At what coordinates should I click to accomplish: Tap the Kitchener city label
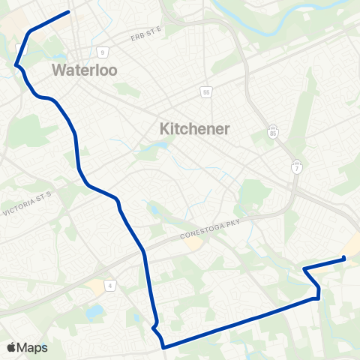(x=195, y=129)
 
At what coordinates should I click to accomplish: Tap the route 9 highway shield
(x=101, y=52)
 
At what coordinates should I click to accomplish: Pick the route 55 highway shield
(x=206, y=92)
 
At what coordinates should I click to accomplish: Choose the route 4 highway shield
(x=110, y=285)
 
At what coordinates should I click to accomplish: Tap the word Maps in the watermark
(x=34, y=347)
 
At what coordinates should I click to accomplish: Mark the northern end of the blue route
(x=69, y=11)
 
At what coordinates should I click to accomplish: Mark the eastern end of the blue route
(x=343, y=259)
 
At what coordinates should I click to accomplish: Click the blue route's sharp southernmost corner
(x=163, y=346)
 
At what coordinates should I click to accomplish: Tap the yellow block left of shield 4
(x=96, y=286)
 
